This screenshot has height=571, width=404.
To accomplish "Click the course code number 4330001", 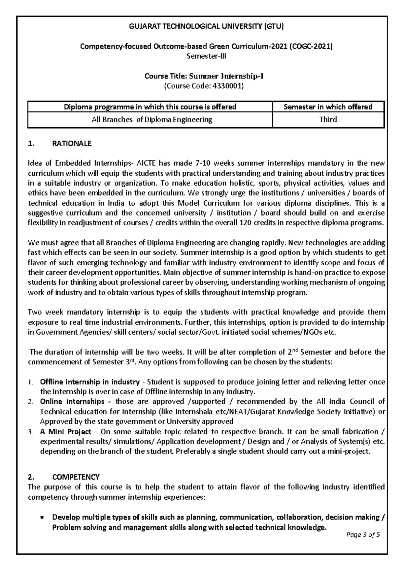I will [x=226, y=86].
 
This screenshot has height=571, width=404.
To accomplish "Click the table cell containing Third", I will [x=328, y=120].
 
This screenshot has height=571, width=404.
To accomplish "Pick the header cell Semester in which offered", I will [x=328, y=107].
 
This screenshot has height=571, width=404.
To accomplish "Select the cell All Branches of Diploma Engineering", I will [x=152, y=120].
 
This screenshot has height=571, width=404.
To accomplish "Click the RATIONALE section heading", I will [x=72, y=144].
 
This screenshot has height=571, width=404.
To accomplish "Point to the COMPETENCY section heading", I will [x=76, y=477].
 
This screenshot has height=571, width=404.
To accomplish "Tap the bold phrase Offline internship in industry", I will [x=90, y=382].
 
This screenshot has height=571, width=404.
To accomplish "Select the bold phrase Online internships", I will [x=72, y=402].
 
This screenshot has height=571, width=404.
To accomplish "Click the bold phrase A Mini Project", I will [x=65, y=432].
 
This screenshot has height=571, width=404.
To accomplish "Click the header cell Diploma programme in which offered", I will [x=150, y=107].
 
